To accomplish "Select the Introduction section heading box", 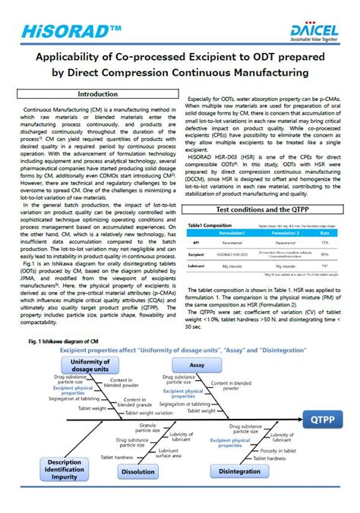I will pos(98,93).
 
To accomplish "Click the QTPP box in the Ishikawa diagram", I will pos(326,417).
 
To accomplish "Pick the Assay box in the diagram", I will pos(197,365).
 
